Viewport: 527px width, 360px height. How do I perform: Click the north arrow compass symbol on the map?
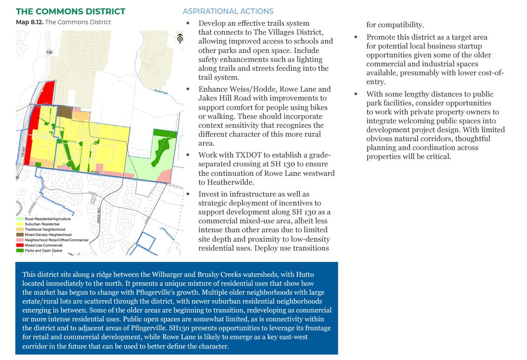(x=180, y=38)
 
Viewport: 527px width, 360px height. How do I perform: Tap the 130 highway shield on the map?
(x=49, y=52)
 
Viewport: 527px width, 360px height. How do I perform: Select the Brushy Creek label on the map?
(x=161, y=92)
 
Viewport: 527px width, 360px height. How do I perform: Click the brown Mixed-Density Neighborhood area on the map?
(x=64, y=111)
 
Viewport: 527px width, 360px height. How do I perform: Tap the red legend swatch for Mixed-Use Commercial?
(x=20, y=245)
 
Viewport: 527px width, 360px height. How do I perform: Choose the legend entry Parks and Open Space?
(x=43, y=251)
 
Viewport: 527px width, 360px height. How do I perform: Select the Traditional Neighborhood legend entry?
(x=45, y=229)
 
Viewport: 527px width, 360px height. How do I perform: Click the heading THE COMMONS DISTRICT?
(x=71, y=11)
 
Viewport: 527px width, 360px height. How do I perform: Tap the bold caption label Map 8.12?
(x=29, y=22)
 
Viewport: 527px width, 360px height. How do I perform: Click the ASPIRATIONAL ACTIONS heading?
(x=228, y=11)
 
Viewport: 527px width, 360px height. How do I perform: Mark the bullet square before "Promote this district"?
(x=356, y=37)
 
